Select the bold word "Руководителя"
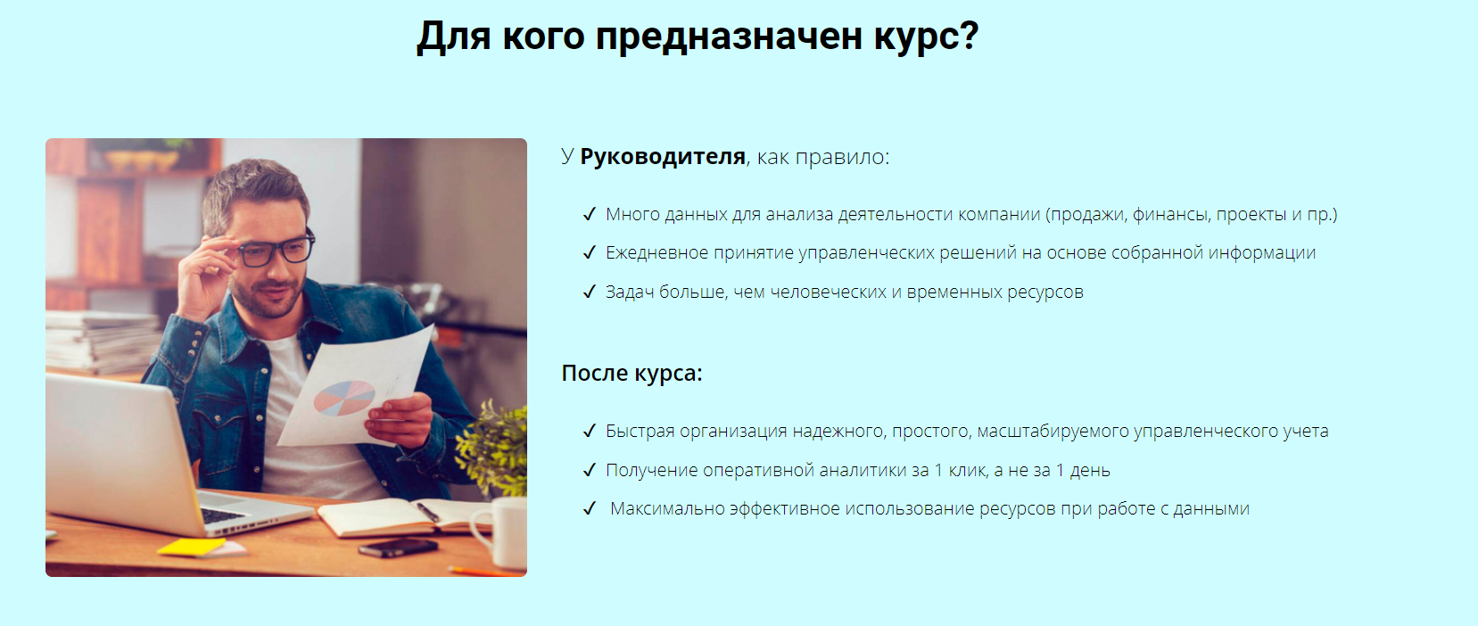point(663,157)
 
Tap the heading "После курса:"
point(632,373)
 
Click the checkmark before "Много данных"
point(589,214)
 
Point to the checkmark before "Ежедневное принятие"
point(589,252)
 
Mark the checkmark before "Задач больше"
point(589,292)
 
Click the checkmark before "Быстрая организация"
point(589,431)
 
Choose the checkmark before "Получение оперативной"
point(589,470)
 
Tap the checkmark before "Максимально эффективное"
point(589,508)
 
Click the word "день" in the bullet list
point(1090,471)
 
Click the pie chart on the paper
point(344,398)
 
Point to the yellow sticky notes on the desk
point(193,547)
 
